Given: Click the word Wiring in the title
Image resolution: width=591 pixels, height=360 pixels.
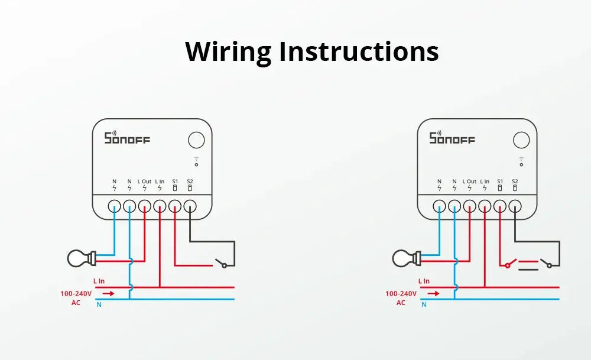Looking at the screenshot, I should (x=228, y=51).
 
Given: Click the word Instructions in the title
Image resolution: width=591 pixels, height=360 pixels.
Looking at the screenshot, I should (x=359, y=51).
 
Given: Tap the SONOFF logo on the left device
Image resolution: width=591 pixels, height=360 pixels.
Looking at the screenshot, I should (x=127, y=138).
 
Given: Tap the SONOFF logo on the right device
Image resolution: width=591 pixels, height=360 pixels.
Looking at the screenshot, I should (x=452, y=138).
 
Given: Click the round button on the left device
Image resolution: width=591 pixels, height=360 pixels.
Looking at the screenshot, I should (x=196, y=140).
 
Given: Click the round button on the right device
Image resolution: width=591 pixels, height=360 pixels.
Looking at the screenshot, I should (x=521, y=140).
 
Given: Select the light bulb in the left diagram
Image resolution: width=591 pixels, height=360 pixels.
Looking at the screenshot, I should (x=80, y=258).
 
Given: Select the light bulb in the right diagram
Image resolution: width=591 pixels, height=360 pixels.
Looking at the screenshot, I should (x=405, y=258).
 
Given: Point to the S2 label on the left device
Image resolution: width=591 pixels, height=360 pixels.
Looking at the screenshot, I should (x=190, y=181).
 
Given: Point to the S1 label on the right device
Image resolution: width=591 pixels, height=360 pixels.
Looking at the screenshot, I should (x=500, y=181).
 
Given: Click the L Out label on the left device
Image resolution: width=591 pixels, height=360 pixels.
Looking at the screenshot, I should (x=145, y=181).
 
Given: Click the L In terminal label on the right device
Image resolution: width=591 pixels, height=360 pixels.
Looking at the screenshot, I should (x=485, y=181).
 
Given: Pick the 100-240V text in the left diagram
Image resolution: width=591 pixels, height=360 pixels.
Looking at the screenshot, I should (x=76, y=293).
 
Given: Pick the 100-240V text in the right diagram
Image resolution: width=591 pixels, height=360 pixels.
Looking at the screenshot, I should (x=401, y=293).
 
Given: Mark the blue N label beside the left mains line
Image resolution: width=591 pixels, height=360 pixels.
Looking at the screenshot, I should (x=99, y=304).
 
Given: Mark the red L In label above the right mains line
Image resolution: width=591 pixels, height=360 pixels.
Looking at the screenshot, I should (x=424, y=281).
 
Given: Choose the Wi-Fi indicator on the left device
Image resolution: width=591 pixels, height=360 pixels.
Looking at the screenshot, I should (x=196, y=161).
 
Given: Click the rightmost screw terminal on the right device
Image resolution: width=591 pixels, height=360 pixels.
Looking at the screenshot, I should (x=515, y=206).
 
